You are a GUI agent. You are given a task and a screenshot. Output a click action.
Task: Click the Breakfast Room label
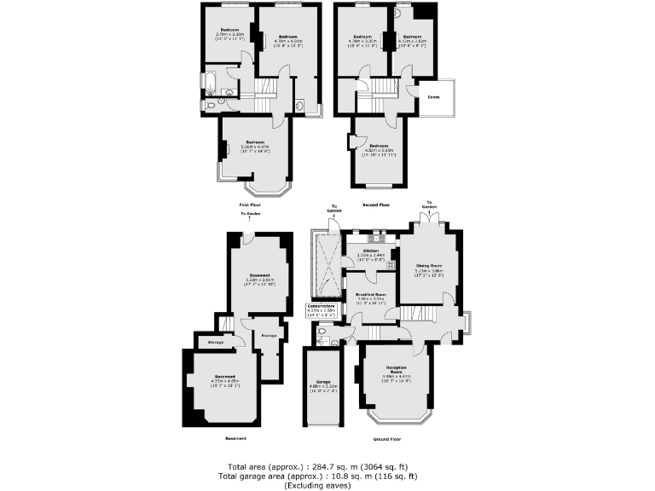coord(372,295)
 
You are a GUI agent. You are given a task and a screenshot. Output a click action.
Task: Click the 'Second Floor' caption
coord(375,205)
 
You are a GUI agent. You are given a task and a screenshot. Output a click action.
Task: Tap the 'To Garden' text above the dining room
coord(430,205)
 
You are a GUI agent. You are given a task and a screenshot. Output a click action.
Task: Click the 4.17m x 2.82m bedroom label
coord(413,38)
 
